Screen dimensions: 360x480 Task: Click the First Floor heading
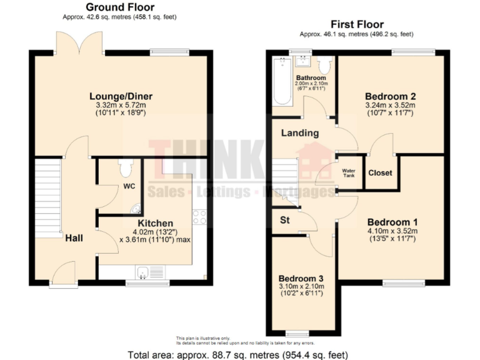356,24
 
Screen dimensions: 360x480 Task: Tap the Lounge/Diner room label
121,96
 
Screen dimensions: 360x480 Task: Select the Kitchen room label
156,223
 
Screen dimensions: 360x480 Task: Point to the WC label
129,186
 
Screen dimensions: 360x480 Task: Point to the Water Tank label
349,172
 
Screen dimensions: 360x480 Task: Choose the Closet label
379,172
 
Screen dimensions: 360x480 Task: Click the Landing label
299,133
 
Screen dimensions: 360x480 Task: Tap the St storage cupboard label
284,219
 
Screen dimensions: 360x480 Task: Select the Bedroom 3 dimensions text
301,289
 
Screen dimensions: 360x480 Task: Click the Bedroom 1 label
392,222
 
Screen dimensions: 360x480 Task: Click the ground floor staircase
47,194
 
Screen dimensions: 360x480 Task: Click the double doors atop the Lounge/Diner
79,42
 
